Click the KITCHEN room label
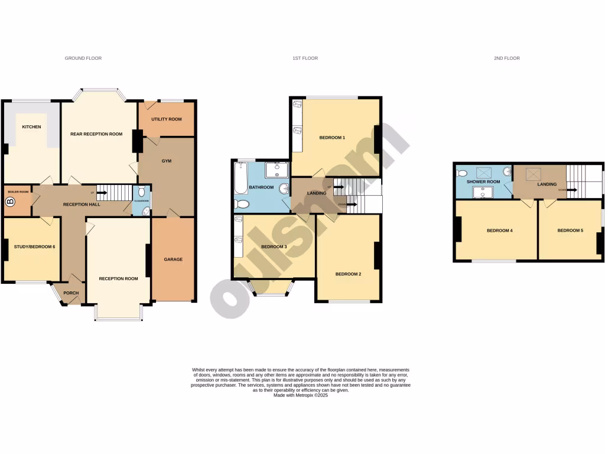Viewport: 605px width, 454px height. [31, 127]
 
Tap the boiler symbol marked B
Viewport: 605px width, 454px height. [9, 202]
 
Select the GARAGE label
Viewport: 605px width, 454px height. [173, 260]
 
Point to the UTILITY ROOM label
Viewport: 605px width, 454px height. [166, 119]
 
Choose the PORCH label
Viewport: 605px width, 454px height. [71, 293]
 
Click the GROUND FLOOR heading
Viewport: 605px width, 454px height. [83, 59]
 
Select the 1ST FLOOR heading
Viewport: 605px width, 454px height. [305, 59]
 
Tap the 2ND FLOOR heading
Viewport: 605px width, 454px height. [506, 59]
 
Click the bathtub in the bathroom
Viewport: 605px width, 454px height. [240, 180]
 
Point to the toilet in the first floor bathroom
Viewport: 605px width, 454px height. [242, 205]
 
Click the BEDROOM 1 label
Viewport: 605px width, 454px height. [332, 138]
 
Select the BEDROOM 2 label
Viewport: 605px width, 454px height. [348, 274]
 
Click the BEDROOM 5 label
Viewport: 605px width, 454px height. [570, 231]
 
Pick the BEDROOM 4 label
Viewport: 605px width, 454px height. [499, 231]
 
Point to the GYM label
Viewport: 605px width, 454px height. [167, 161]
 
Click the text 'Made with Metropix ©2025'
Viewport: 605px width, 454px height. [300, 395]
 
